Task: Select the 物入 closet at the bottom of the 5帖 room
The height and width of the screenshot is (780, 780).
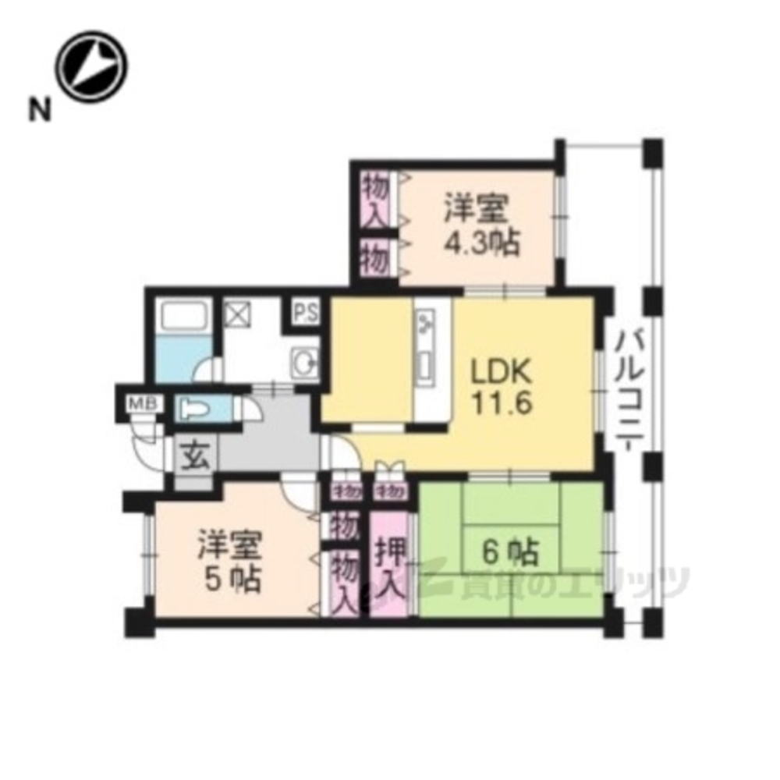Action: coord(344,581)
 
